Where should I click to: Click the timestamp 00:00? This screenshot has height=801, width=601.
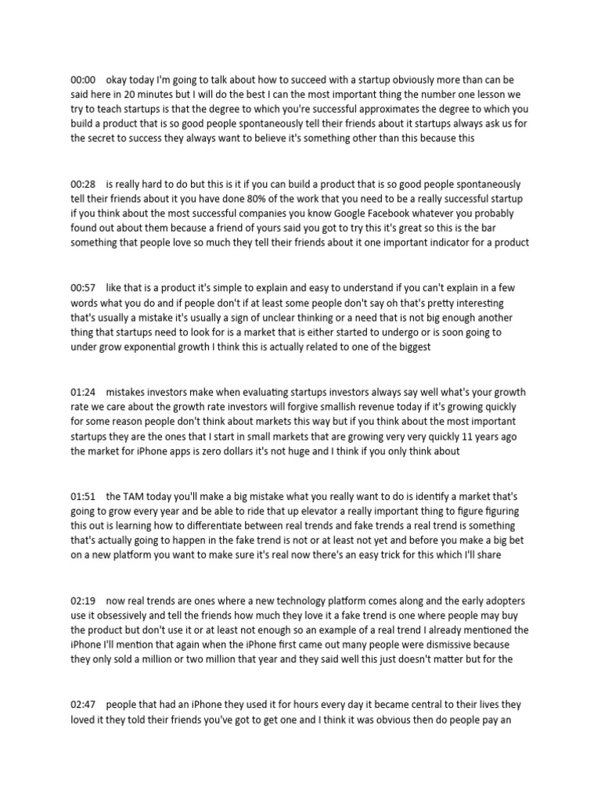82,81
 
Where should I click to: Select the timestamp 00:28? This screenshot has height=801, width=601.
82,184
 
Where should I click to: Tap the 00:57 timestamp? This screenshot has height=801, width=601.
82,288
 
